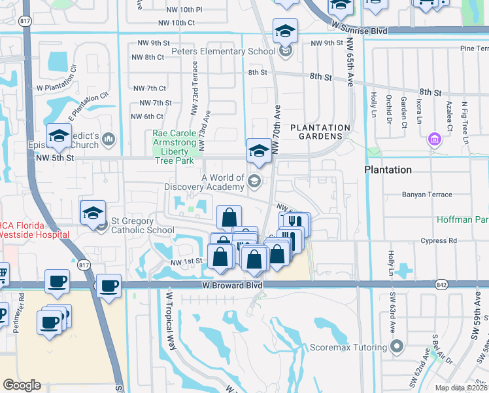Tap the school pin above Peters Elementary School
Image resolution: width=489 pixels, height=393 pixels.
[x=285, y=31]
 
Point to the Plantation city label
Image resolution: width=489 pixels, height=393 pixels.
[x=388, y=170]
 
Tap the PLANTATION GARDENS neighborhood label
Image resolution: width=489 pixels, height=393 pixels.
[x=320, y=132]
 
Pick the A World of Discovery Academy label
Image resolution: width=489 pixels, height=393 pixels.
[x=222, y=183]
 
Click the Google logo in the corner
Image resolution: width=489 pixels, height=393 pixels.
[x=22, y=385]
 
